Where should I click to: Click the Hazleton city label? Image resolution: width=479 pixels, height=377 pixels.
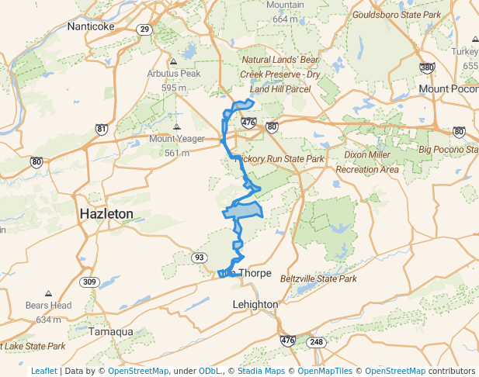click(106, 213)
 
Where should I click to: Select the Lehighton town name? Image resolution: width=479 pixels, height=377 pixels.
click(255, 305)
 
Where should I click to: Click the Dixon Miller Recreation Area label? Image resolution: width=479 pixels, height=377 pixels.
click(368, 163)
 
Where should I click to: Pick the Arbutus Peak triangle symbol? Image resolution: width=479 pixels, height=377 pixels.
click(173, 61)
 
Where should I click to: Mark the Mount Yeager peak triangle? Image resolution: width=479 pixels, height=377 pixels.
click(177, 126)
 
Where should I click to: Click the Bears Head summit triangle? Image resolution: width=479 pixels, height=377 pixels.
click(48, 294)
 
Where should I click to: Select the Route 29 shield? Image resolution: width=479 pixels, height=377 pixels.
click(144, 29)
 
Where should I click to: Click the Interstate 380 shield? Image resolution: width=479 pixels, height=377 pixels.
click(427, 67)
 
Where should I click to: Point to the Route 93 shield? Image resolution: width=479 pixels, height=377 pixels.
click(200, 258)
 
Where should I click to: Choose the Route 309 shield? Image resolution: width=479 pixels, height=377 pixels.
click(91, 282)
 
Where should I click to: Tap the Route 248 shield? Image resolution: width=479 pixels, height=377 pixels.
click(315, 341)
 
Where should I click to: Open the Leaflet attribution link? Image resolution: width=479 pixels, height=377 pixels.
click(43, 371)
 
